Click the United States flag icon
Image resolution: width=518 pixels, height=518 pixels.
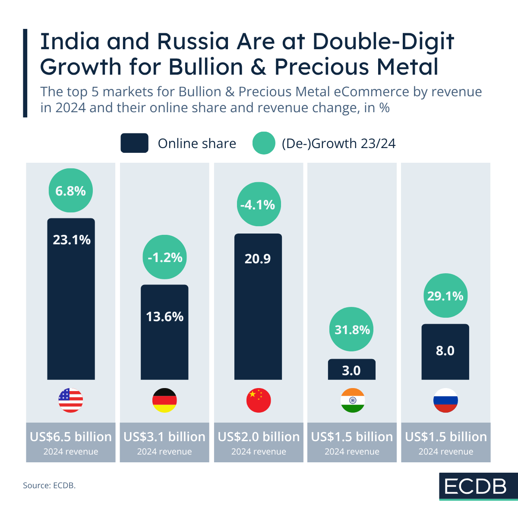(71, 400)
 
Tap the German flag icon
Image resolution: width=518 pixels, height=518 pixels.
(164, 400)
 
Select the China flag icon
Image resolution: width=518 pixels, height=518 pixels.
(259, 400)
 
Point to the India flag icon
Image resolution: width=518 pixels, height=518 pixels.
(352, 400)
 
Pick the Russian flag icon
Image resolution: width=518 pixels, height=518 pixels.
(445, 400)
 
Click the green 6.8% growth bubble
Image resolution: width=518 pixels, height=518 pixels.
(71, 190)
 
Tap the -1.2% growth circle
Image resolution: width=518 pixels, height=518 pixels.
(164, 257)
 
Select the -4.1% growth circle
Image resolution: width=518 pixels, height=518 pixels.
(258, 204)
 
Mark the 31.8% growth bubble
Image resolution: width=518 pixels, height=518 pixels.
(352, 329)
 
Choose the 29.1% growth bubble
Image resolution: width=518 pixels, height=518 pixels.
(445, 296)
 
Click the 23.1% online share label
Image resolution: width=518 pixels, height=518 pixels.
(72, 240)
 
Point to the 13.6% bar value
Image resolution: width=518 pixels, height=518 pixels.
(164, 317)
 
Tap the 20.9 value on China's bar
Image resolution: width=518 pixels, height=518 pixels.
(258, 259)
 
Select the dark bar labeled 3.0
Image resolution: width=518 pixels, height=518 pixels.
(351, 370)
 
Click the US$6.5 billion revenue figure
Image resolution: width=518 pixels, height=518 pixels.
(71, 437)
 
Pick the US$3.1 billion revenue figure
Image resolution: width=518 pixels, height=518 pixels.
(164, 437)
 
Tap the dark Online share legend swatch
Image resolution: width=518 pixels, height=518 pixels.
(134, 143)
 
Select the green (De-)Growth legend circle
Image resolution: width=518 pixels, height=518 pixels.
(264, 143)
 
